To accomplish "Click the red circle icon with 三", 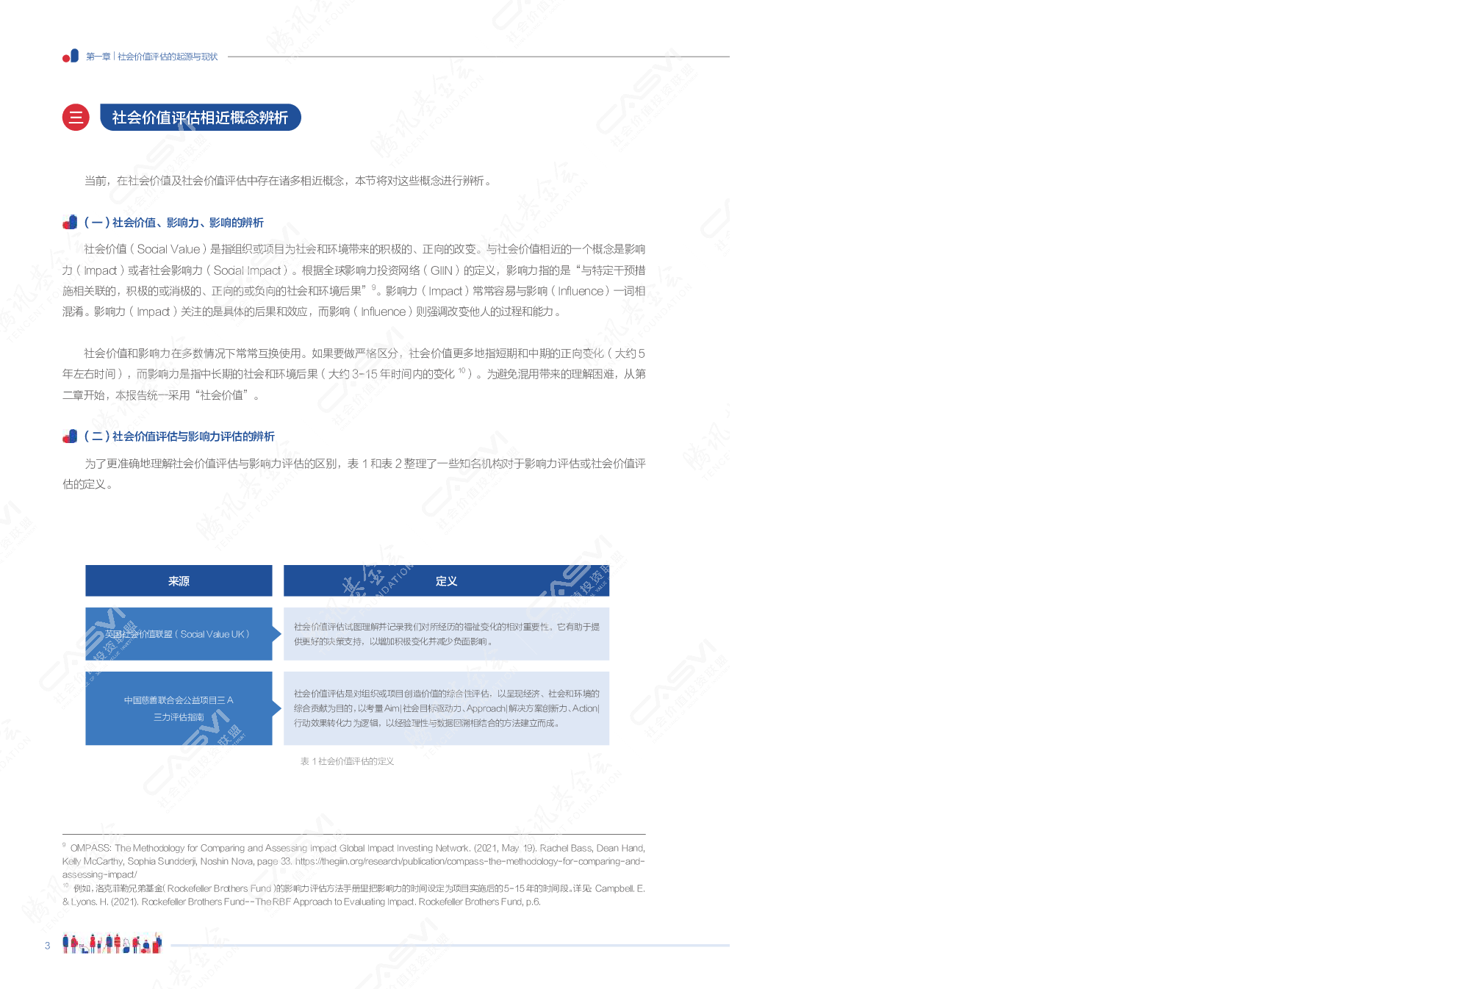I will (x=76, y=117).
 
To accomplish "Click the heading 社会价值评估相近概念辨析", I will (x=200, y=118).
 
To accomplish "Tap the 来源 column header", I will (x=179, y=581).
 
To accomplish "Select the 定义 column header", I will (x=446, y=581).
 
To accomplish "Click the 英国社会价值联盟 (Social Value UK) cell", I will (x=178, y=634).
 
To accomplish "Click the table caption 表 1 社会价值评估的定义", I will (x=347, y=761).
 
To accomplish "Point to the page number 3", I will (x=48, y=946).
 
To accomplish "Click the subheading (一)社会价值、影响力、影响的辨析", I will (x=173, y=223).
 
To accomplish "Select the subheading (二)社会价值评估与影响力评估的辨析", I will (x=179, y=436).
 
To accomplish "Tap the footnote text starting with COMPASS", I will (x=353, y=848).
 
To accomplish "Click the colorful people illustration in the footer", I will (x=112, y=943).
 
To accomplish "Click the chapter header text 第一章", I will (x=98, y=57).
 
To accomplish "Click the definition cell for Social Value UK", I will (x=446, y=634).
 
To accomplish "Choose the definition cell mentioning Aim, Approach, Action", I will (x=446, y=708).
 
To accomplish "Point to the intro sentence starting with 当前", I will (x=287, y=181).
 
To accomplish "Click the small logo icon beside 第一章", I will (x=71, y=56).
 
